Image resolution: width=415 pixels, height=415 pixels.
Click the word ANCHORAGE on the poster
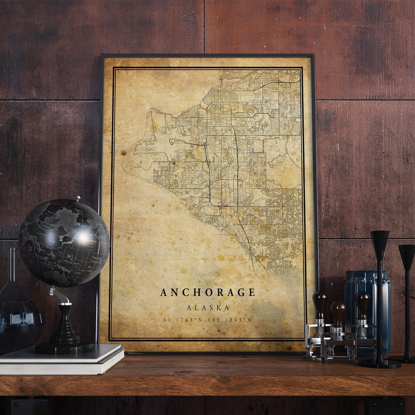tap(207, 292)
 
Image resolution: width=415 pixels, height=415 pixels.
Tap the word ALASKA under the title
tap(208, 308)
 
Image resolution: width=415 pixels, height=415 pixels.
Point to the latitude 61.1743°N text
tap(181, 320)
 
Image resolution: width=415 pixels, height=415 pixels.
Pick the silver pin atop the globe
tap(79, 198)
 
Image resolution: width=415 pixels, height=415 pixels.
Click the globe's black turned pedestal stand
tap(65, 326)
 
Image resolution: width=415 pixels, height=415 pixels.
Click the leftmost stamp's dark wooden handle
tap(320, 304)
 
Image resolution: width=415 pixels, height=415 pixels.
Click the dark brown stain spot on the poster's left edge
tap(123, 153)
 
